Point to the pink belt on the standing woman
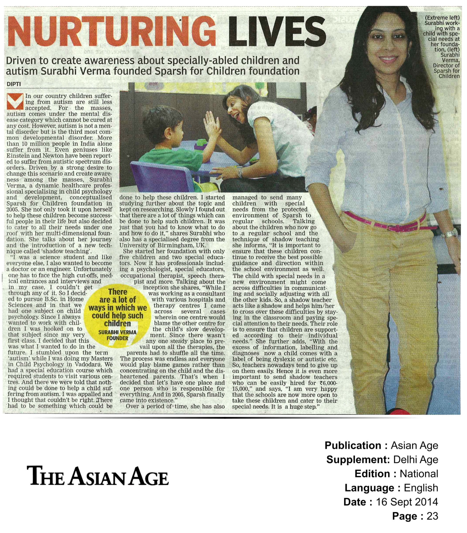click(383, 220)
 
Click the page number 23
click(432, 516)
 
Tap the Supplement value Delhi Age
click(415, 460)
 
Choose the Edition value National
click(419, 474)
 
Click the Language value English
click(421, 488)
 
